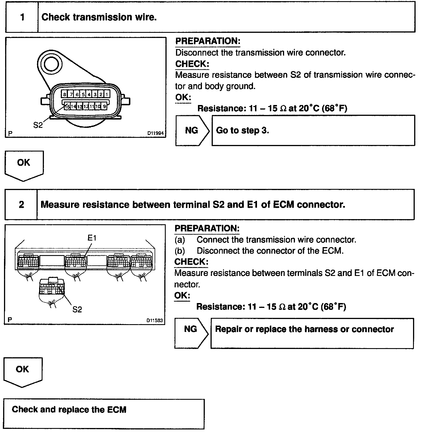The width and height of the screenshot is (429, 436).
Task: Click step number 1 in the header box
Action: click(x=22, y=17)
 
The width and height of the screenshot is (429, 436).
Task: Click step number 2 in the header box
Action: click(x=21, y=205)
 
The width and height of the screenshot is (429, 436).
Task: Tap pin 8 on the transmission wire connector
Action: click(x=65, y=94)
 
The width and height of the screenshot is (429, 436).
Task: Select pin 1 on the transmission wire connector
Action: click(x=107, y=94)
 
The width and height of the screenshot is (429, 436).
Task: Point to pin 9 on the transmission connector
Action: click(x=104, y=106)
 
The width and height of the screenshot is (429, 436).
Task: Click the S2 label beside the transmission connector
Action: click(x=38, y=125)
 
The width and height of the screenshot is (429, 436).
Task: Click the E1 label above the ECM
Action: click(x=92, y=237)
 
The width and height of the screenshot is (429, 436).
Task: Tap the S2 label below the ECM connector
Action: click(x=77, y=309)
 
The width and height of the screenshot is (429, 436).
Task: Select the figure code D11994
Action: click(x=156, y=133)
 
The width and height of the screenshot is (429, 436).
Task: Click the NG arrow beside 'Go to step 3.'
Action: click(x=192, y=130)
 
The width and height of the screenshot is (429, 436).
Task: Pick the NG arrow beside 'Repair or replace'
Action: click(x=191, y=329)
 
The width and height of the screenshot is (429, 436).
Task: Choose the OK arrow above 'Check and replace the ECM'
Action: click(x=23, y=371)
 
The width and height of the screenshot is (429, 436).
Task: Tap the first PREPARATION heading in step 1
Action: click(x=208, y=41)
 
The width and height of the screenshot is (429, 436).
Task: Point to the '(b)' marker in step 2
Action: click(x=180, y=251)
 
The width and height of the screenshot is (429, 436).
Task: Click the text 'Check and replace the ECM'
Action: click(x=69, y=410)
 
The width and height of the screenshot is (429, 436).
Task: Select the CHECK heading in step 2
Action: click(x=191, y=262)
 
